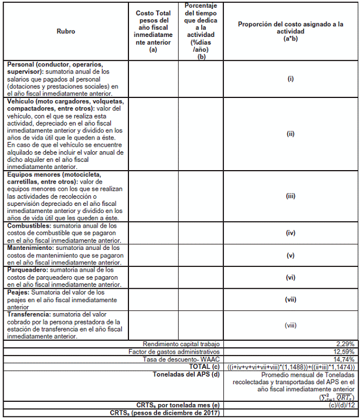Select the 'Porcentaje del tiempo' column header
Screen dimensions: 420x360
point(202,31)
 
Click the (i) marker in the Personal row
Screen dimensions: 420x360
point(290,79)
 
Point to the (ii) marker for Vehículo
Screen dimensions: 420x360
point(290,134)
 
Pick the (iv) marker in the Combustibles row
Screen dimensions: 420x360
point(290,233)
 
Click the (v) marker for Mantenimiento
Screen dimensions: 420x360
point(290,255)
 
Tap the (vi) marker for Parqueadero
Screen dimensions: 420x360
point(290,277)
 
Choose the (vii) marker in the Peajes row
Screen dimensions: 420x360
point(290,299)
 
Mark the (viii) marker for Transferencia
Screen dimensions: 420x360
point(290,325)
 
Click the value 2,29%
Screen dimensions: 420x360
point(346,343)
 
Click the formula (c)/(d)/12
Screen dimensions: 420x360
point(340,404)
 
